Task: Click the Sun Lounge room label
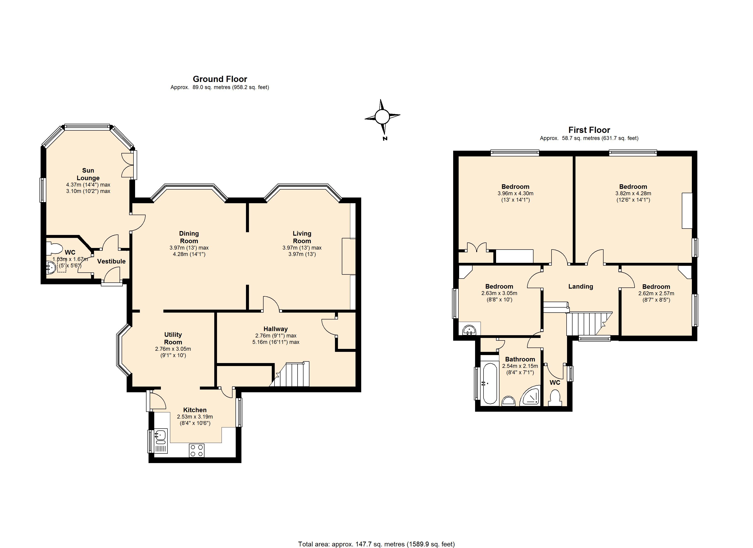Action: pyautogui.click(x=88, y=174)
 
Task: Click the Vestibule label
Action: pyautogui.click(x=111, y=261)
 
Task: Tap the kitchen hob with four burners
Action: pyautogui.click(x=196, y=451)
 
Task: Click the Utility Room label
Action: pyautogui.click(x=173, y=338)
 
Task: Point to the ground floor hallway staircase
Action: pyautogui.click(x=290, y=374)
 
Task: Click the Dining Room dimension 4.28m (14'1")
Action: pyautogui.click(x=189, y=254)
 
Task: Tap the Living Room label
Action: pyautogui.click(x=302, y=237)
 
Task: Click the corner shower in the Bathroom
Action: pyautogui.click(x=531, y=396)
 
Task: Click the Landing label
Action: pyautogui.click(x=581, y=287)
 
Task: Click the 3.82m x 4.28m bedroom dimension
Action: pyautogui.click(x=633, y=193)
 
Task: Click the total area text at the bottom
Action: pyautogui.click(x=376, y=544)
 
